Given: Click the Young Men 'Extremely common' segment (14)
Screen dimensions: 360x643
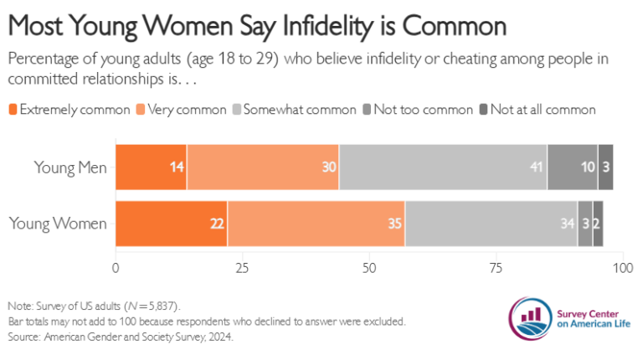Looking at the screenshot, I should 151,167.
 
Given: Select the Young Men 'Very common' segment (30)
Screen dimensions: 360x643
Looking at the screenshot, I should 263,167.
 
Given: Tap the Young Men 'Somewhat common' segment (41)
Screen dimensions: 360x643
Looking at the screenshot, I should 443,167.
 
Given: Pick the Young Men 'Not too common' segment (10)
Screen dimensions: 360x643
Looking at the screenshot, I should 572,167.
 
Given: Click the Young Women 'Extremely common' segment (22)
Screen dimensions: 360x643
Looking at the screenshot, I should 171,224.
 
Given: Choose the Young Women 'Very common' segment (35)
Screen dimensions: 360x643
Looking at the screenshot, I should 316,224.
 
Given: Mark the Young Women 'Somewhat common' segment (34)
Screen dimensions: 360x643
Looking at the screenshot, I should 491,224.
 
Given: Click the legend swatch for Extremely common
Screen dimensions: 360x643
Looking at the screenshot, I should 13,110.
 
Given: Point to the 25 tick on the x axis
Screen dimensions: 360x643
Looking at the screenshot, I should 242,270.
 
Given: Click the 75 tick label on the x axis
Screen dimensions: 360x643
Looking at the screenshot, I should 496,270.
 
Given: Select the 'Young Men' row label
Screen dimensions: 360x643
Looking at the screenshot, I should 70,167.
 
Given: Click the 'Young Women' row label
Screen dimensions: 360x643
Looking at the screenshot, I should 58,224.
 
